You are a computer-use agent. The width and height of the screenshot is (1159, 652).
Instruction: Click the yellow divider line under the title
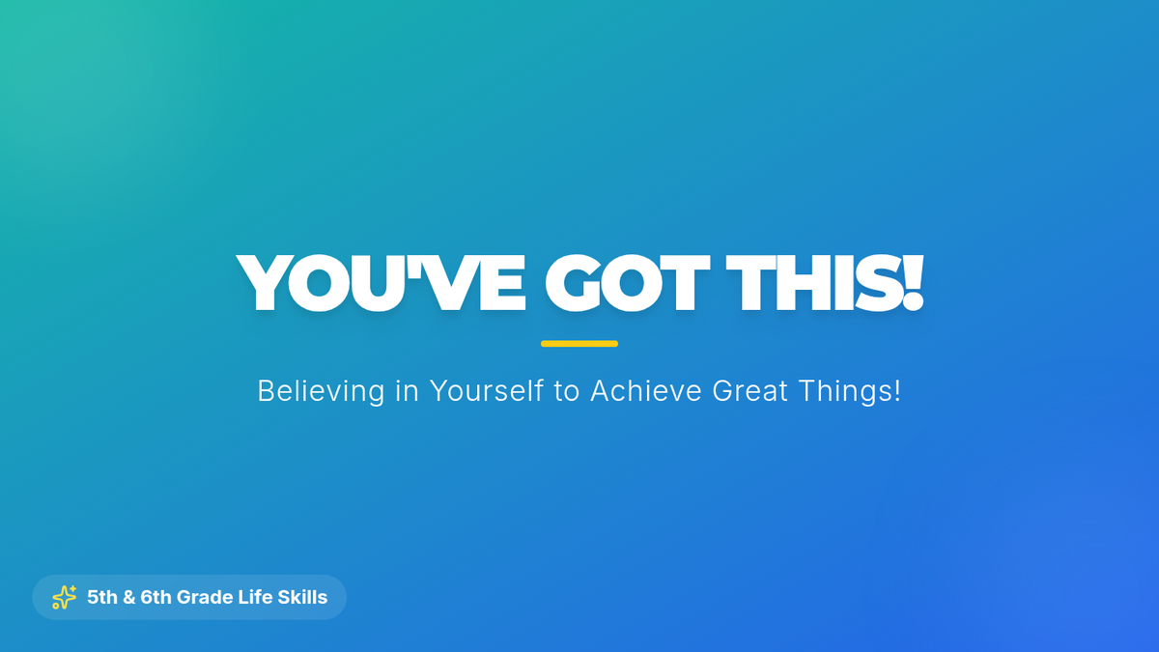click(x=579, y=344)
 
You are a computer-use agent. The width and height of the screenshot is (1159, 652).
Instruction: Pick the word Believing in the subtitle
click(x=322, y=392)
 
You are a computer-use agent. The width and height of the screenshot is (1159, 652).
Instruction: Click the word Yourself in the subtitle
click(x=487, y=390)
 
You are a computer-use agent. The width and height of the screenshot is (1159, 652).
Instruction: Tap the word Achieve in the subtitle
click(x=646, y=390)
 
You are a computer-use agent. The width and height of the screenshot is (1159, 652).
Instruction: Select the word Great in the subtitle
click(x=750, y=390)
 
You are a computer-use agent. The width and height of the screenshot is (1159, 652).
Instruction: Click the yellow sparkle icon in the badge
click(x=64, y=597)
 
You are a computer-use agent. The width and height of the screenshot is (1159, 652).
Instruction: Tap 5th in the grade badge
click(x=102, y=597)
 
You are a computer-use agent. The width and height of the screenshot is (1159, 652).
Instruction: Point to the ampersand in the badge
click(x=128, y=597)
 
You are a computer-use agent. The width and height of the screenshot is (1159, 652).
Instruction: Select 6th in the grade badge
click(x=155, y=597)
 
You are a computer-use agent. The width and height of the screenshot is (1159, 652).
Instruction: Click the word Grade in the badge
click(x=205, y=597)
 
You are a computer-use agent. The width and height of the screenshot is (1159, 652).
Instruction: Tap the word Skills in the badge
click(x=302, y=597)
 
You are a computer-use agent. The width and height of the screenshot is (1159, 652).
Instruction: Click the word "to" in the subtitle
click(x=567, y=392)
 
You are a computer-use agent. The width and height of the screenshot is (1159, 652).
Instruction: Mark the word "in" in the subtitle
click(x=408, y=390)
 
